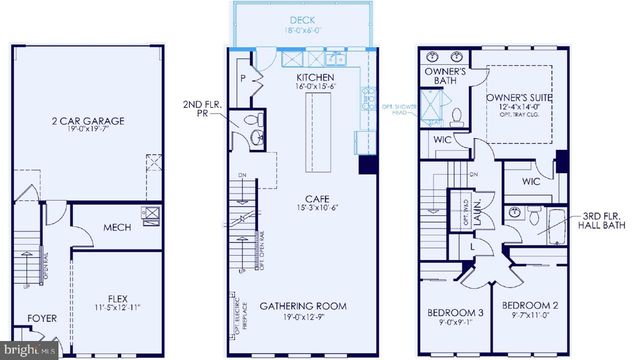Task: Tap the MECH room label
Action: (x=117, y=227)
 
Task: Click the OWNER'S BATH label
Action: (x=442, y=75)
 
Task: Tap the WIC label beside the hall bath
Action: (x=531, y=182)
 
